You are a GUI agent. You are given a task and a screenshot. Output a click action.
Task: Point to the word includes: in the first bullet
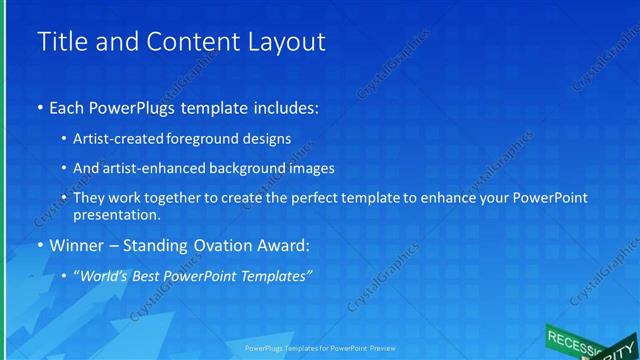283,106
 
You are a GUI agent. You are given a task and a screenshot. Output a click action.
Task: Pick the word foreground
209,138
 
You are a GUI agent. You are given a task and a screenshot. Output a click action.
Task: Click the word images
307,168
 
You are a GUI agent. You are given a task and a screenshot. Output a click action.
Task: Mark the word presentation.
116,214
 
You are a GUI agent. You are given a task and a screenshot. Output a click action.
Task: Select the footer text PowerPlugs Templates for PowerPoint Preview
321,350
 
